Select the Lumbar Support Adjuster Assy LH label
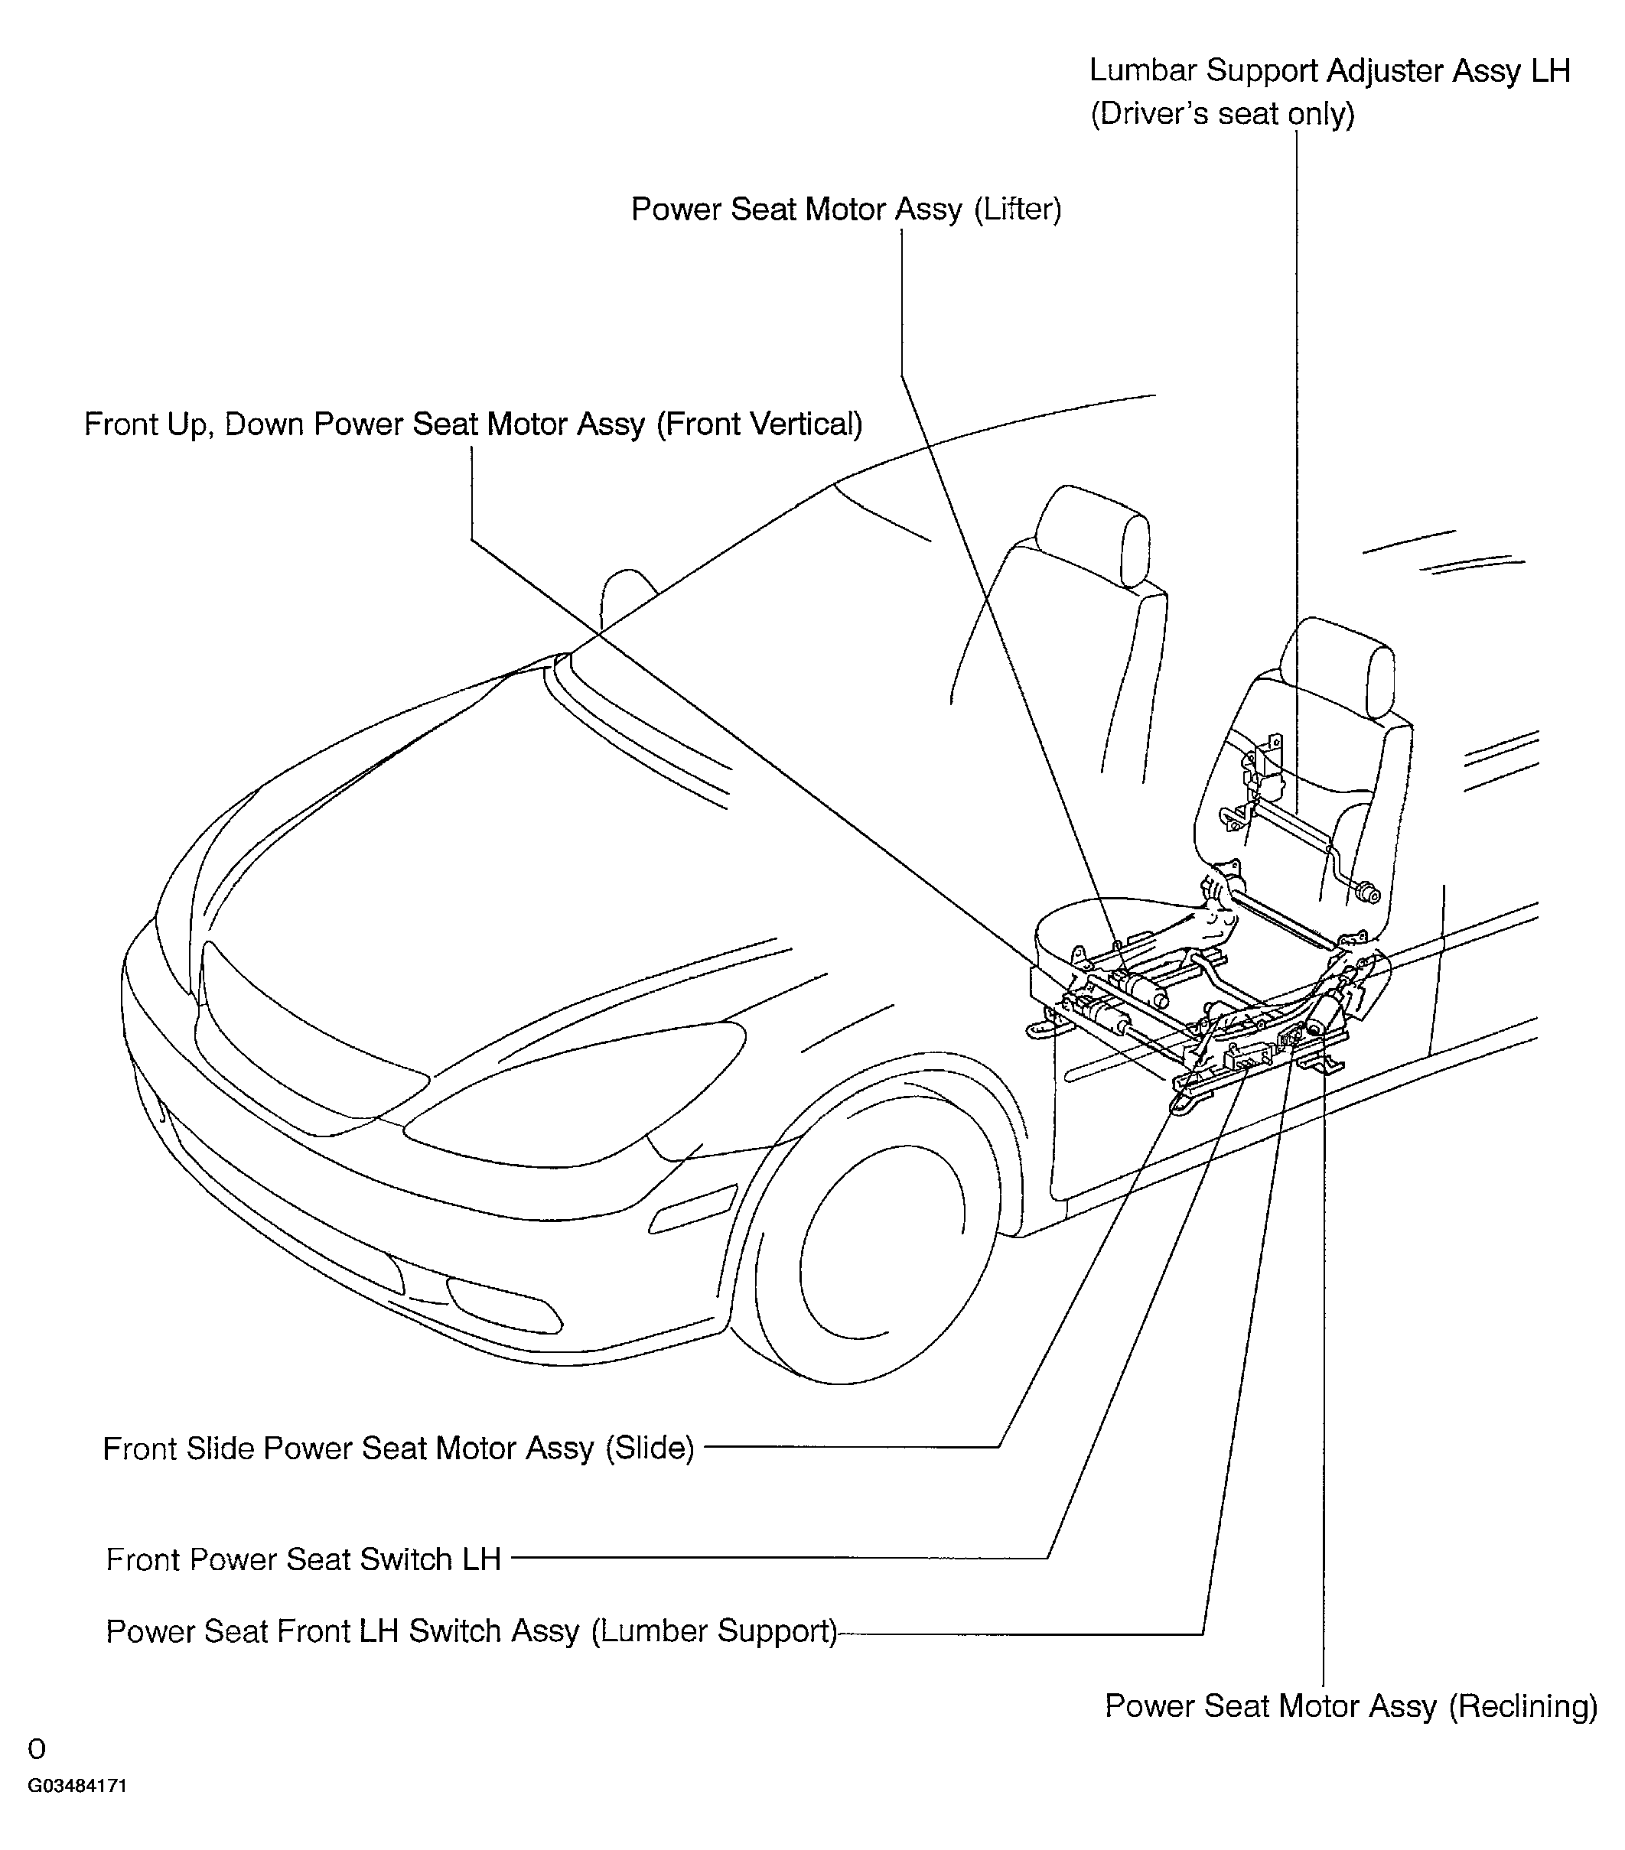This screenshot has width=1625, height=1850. tap(1329, 70)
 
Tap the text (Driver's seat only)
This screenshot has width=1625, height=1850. tap(1222, 114)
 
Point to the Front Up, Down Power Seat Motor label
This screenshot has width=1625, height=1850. tap(473, 424)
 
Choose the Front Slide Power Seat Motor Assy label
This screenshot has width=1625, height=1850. tap(399, 1448)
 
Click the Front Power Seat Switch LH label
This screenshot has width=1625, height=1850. tap(303, 1559)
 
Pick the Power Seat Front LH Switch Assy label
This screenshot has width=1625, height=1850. tap(471, 1631)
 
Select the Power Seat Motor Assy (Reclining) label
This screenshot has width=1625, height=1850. tap(1350, 1706)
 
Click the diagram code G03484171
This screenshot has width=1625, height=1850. tap(77, 1786)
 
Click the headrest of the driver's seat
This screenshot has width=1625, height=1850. tap(1338, 668)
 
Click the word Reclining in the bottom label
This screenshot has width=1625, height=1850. tap(1522, 1706)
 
